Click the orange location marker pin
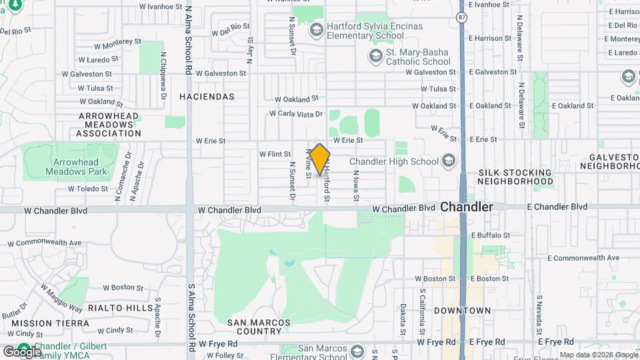(320, 159)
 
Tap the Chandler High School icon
(449, 161)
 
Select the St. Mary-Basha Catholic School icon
(376, 55)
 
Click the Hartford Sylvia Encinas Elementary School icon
(317, 29)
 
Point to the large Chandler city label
(467, 207)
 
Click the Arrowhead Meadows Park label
(72, 167)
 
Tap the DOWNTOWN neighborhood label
(462, 311)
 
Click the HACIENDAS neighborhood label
(207, 97)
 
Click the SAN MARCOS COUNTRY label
(259, 327)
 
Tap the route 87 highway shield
(462, 15)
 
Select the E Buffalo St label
(490, 235)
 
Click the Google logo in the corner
(22, 351)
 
